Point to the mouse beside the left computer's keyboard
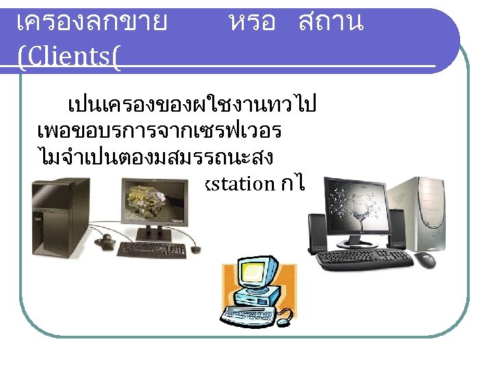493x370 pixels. point(196,250)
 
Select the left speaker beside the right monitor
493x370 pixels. point(317,233)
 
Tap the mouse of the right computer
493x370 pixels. point(425,260)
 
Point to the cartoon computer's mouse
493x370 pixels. point(283,316)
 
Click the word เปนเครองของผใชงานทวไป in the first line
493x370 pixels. point(191,106)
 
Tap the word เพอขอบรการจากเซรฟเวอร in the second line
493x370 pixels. point(160,131)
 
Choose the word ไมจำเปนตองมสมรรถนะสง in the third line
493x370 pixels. point(156,157)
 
